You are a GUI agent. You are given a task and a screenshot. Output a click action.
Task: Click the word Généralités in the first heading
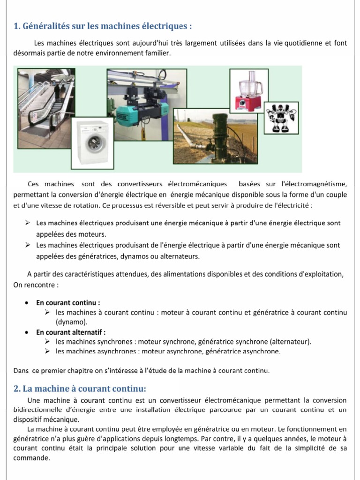click(44, 26)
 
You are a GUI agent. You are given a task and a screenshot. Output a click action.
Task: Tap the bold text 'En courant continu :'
click(68, 303)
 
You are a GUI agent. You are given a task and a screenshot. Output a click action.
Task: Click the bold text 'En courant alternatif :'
click(71, 332)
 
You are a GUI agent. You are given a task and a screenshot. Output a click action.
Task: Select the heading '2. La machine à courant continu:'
click(80, 389)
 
